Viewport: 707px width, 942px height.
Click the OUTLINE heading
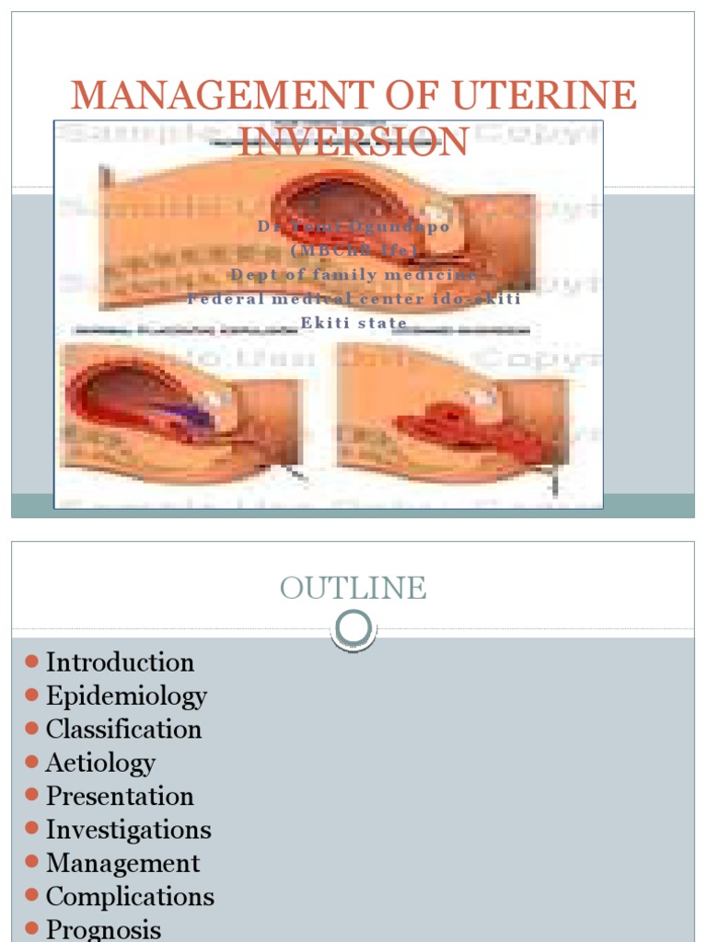pos(353,588)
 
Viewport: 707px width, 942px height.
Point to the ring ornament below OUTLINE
pos(353,629)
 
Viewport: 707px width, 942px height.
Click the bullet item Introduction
pos(120,662)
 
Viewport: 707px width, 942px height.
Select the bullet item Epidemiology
pos(126,696)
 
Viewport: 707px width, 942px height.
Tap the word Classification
pos(123,729)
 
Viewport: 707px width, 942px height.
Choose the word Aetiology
pos(100,763)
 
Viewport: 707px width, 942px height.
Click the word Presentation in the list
pos(120,796)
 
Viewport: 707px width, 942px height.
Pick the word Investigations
pos(128,830)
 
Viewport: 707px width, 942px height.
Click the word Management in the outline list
pos(122,863)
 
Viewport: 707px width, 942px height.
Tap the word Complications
pos(130,896)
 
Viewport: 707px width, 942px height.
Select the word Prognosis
pos(103,930)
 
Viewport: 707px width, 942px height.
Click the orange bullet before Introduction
pos(31,661)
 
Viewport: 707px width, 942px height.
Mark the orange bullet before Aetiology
pos(31,762)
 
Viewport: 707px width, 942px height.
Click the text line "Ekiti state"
pos(353,323)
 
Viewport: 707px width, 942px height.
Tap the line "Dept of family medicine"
pos(353,274)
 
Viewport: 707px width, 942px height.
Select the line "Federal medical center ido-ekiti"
pos(353,299)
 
